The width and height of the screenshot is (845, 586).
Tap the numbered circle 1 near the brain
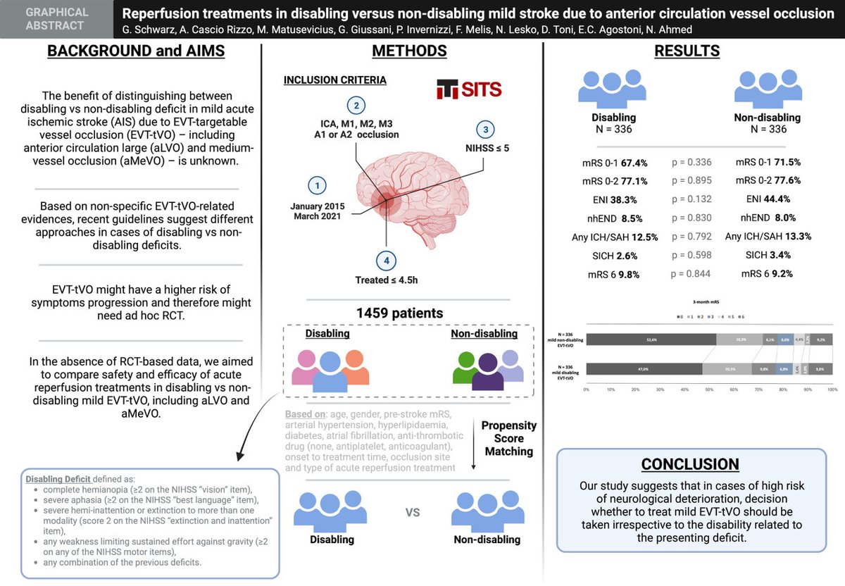coord(318,185)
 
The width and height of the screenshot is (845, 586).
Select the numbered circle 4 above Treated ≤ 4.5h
coord(385,261)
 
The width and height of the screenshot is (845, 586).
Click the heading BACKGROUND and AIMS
coord(135,51)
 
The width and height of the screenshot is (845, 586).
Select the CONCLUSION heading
coord(690,464)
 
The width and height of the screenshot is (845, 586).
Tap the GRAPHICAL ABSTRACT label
coord(56,19)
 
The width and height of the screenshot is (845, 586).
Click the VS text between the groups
coord(413,511)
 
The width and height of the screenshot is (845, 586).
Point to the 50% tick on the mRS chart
coord(709,389)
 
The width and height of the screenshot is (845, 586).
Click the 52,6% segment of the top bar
coord(651,339)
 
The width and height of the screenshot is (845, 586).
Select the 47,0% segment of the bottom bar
coord(644,368)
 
